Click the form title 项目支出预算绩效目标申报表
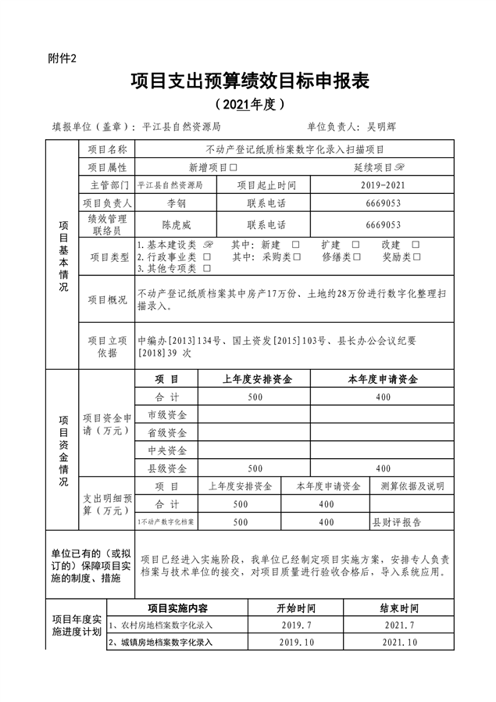click(x=248, y=81)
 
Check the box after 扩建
click(x=355, y=245)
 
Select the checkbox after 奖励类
click(x=417, y=256)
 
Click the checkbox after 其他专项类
click(x=206, y=268)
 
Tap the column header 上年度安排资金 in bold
click(x=257, y=379)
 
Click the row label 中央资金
click(x=167, y=450)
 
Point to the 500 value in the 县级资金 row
click(x=255, y=468)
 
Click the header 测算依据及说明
click(x=411, y=486)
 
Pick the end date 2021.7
click(x=399, y=625)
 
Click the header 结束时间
click(x=399, y=607)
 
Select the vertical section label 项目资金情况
click(x=63, y=453)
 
